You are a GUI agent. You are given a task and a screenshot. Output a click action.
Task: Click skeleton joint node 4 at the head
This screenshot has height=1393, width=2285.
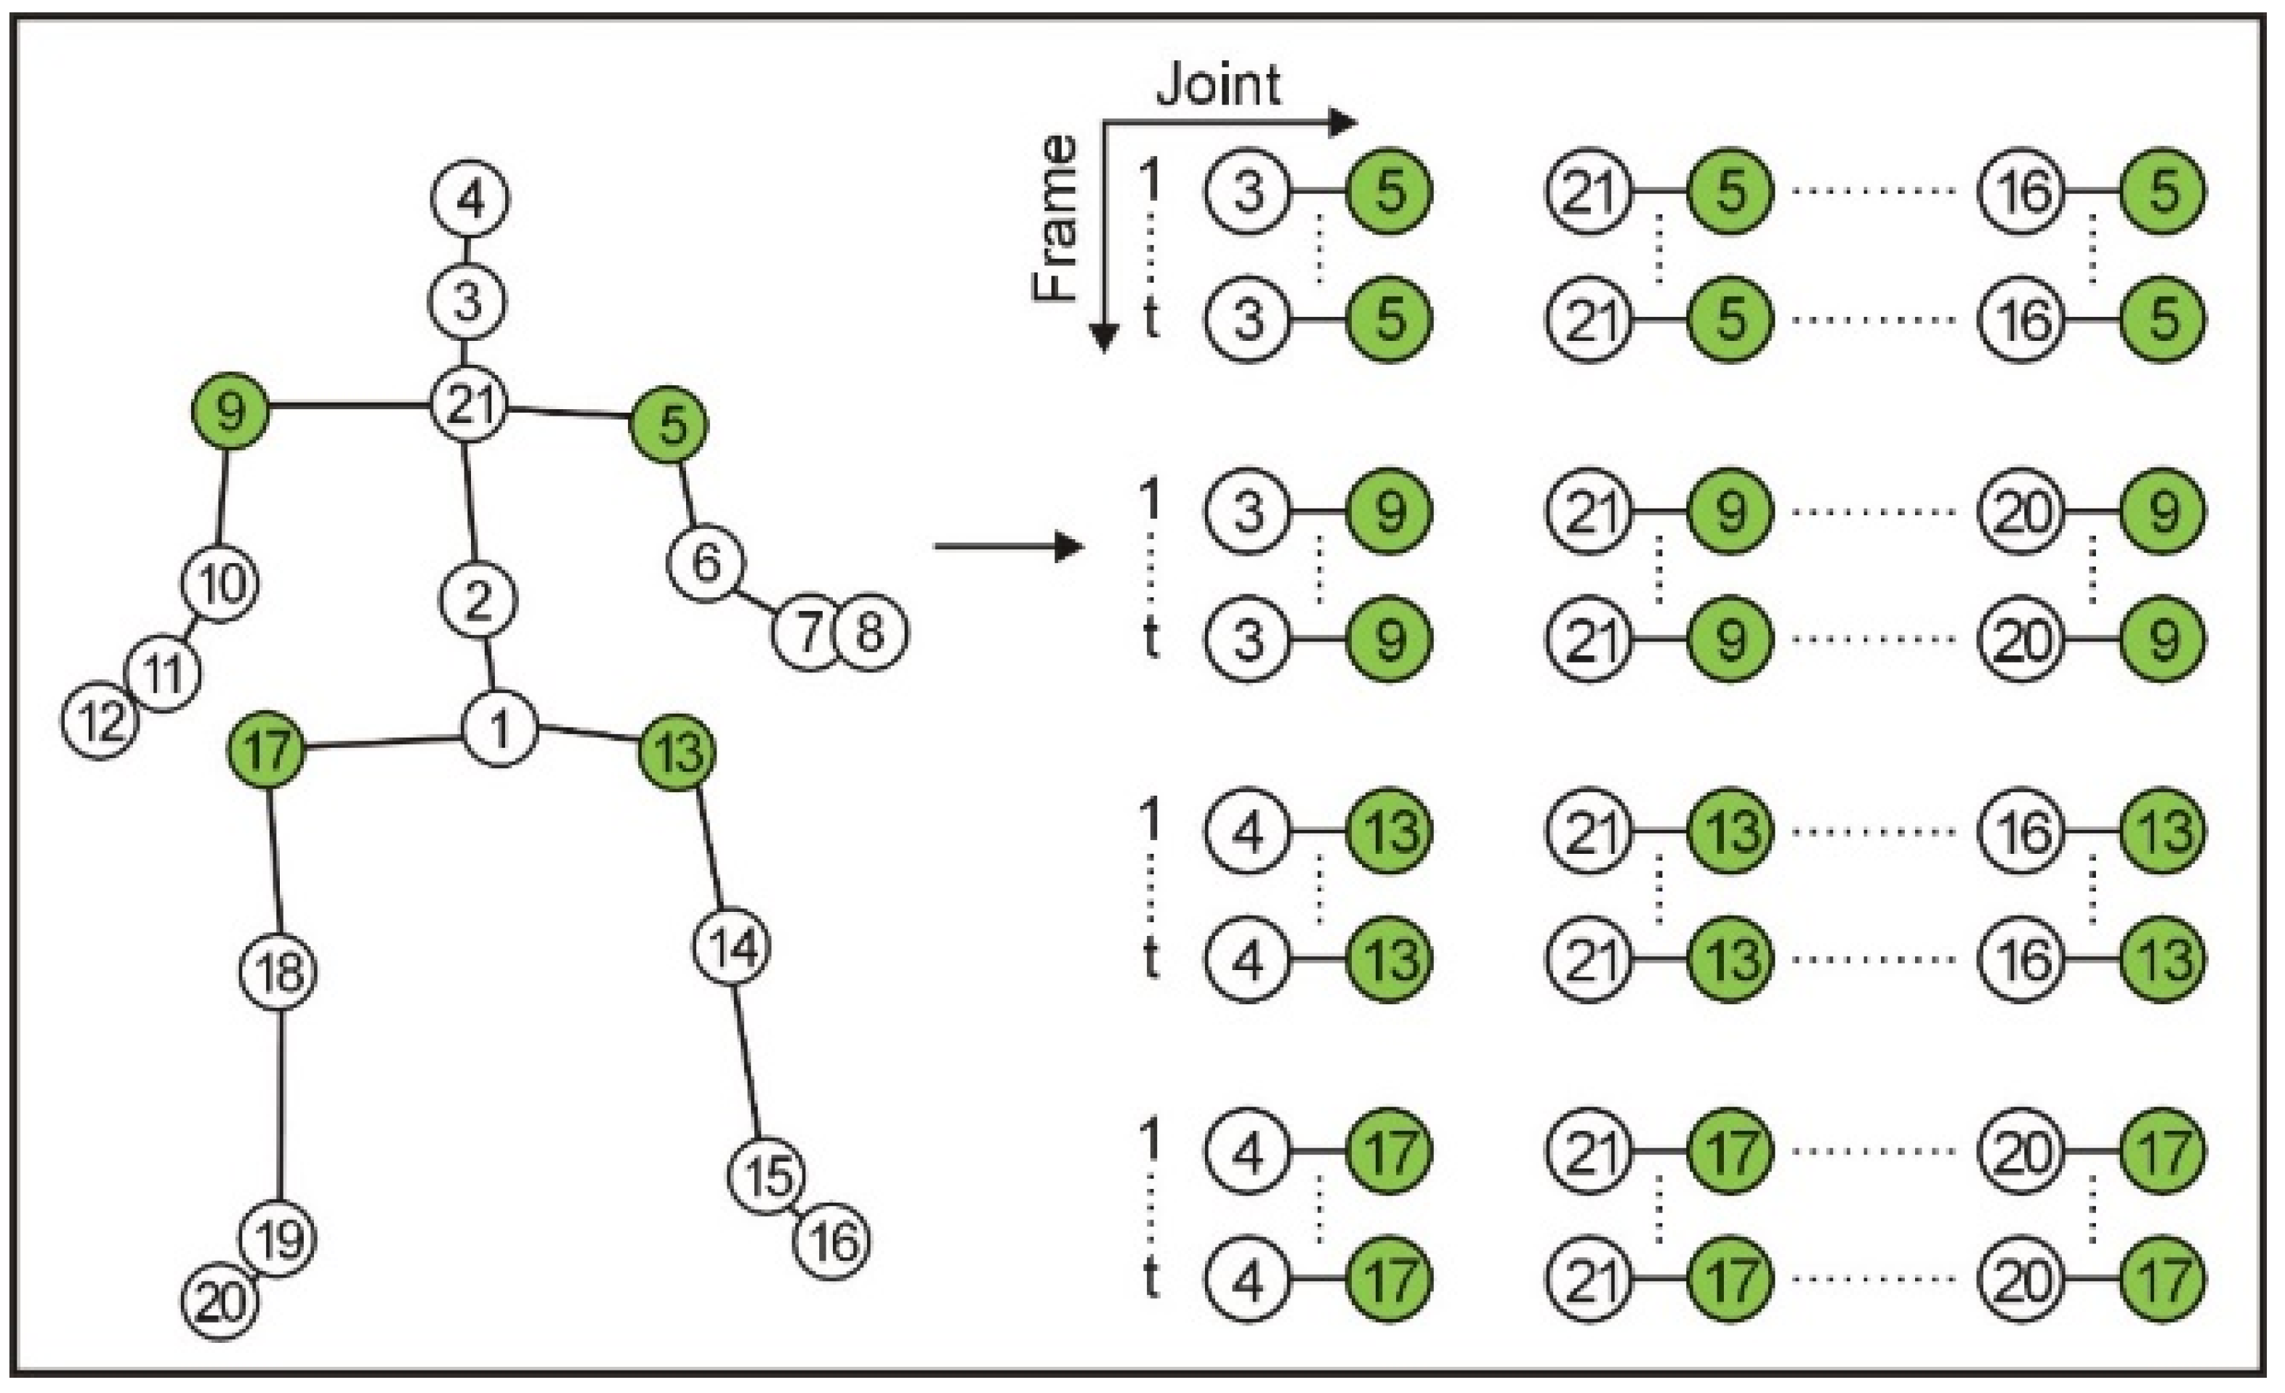pyautogui.click(x=470, y=199)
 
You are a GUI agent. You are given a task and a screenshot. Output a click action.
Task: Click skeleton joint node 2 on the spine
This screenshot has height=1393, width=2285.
pyautogui.click(x=477, y=601)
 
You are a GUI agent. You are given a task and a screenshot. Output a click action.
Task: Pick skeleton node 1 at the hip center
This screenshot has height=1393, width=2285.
pyautogui.click(x=500, y=729)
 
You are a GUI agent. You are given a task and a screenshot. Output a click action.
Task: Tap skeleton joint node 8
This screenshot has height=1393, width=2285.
pyautogui.click(x=870, y=632)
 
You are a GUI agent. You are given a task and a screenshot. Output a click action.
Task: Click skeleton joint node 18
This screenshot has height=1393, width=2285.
pyautogui.click(x=278, y=973)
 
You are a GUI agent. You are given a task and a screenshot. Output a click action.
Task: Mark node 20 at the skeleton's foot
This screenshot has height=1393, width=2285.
pyautogui.click(x=219, y=1303)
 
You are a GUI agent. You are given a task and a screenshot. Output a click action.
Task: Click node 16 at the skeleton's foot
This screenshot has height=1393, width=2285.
pyautogui.click(x=832, y=1241)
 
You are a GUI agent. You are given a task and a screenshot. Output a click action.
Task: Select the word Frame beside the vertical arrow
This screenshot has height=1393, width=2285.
pyautogui.click(x=1055, y=219)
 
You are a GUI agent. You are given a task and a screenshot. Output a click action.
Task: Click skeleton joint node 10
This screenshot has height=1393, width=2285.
pyautogui.click(x=219, y=584)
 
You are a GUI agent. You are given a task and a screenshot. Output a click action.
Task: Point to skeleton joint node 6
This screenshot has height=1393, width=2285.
pyautogui.click(x=706, y=562)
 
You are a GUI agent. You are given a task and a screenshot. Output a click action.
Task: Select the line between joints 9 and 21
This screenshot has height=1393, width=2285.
pyautogui.click(x=350, y=405)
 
